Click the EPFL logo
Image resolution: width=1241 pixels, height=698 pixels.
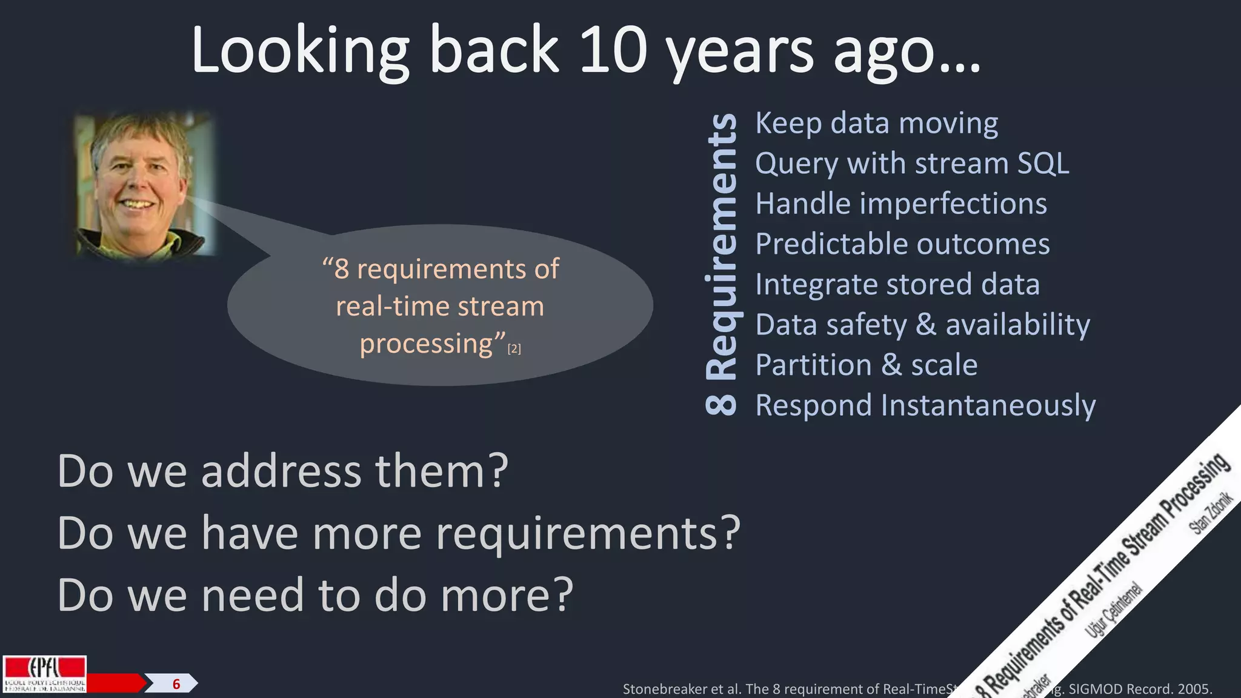(44, 674)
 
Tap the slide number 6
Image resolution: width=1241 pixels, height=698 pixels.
(176, 684)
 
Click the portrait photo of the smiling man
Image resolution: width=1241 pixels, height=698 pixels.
(144, 184)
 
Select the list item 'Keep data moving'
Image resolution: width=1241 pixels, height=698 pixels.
(876, 124)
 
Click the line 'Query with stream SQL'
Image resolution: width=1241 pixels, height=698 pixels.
(912, 164)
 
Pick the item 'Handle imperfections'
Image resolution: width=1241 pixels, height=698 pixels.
(901, 204)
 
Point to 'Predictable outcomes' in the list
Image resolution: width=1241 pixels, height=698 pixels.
(902, 244)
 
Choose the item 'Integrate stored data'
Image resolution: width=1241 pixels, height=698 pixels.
(897, 284)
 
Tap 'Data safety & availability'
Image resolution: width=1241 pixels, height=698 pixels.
(922, 325)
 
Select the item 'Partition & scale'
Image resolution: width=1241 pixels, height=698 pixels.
(867, 365)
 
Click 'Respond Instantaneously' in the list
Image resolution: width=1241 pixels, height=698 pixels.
(925, 405)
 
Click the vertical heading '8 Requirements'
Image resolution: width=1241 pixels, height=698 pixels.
(722, 265)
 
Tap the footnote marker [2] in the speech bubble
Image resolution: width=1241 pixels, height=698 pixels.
(514, 349)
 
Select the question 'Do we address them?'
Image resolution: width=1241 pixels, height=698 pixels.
(282, 471)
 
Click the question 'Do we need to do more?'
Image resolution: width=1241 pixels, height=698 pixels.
(315, 596)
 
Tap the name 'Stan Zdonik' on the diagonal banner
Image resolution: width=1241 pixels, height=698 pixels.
(1211, 513)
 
